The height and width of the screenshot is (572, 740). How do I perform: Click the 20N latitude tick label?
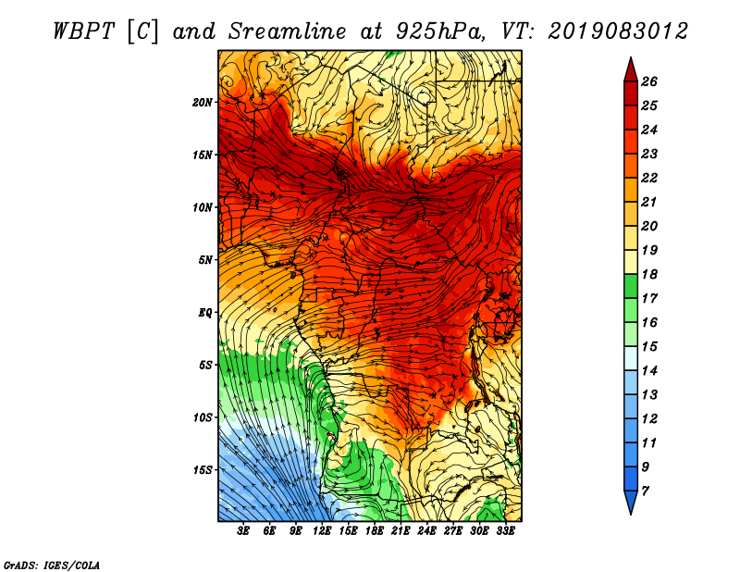click(203, 103)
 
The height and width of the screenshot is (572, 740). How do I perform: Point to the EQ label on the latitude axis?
click(205, 313)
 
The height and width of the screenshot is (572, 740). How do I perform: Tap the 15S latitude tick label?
click(203, 470)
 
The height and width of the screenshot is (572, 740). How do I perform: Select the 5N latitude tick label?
click(205, 260)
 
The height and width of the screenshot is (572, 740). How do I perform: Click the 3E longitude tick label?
click(243, 531)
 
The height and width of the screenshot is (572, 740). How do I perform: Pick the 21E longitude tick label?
click(401, 531)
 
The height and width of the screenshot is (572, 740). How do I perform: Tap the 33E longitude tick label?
click(505, 531)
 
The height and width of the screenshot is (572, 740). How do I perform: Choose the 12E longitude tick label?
click(321, 531)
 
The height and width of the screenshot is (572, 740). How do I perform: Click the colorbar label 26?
click(649, 81)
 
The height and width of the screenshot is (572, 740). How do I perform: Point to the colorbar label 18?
click(649, 274)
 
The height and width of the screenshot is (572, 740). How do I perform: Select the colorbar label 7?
click(645, 491)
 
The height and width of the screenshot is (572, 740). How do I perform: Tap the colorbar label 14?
click(649, 371)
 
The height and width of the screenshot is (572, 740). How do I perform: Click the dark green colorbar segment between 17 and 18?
click(631, 286)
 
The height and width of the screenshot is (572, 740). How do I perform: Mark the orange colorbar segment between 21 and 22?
click(631, 190)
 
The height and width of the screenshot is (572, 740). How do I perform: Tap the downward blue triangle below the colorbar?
click(631, 501)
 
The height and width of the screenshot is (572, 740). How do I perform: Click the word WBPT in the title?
click(83, 31)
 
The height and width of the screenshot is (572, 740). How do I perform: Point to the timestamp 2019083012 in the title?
click(618, 31)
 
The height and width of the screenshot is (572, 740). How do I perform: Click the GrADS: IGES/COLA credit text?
click(52, 565)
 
